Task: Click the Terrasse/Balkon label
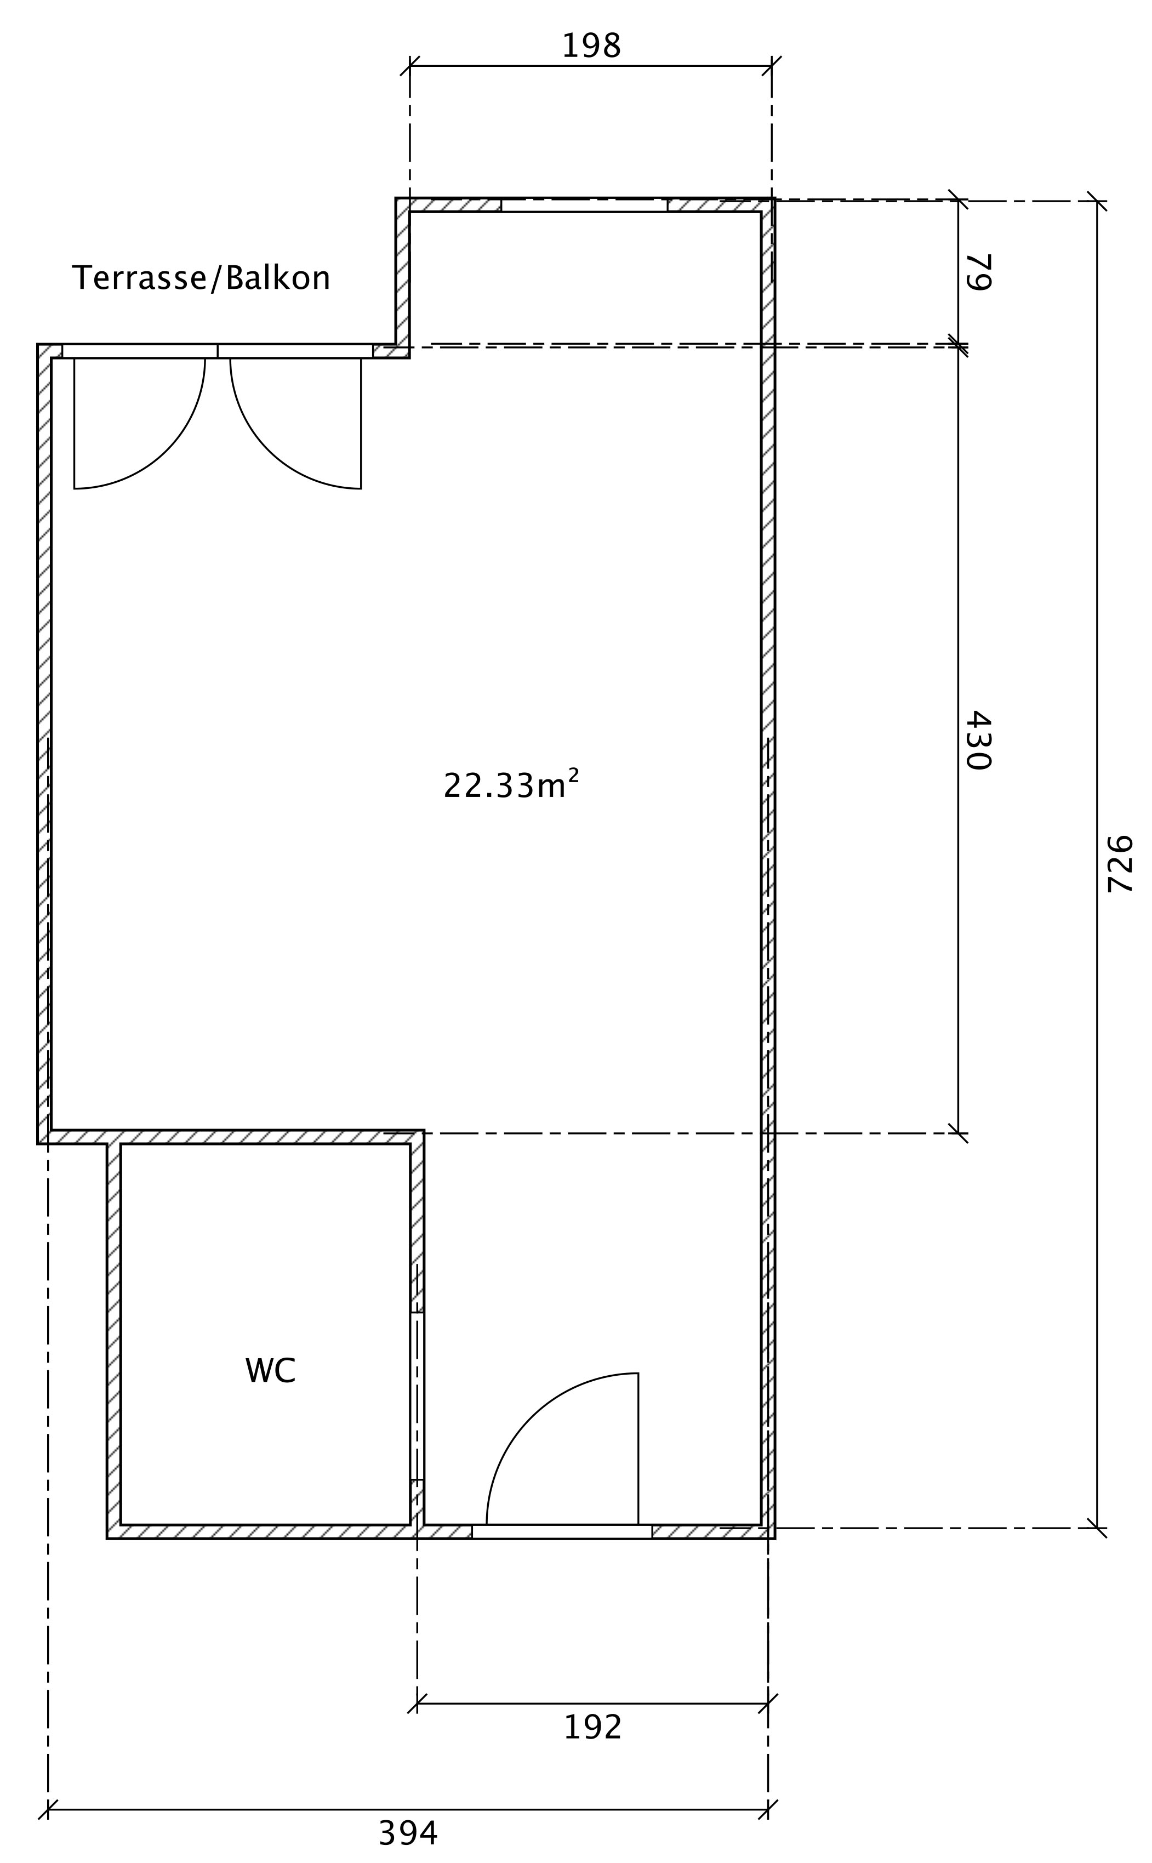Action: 201,278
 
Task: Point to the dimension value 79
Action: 978,272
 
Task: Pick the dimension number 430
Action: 978,740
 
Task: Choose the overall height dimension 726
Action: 1120,864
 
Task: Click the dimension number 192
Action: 593,1728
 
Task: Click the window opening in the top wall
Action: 584,205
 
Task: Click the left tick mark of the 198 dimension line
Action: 410,66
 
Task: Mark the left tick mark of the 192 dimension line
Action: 417,1704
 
